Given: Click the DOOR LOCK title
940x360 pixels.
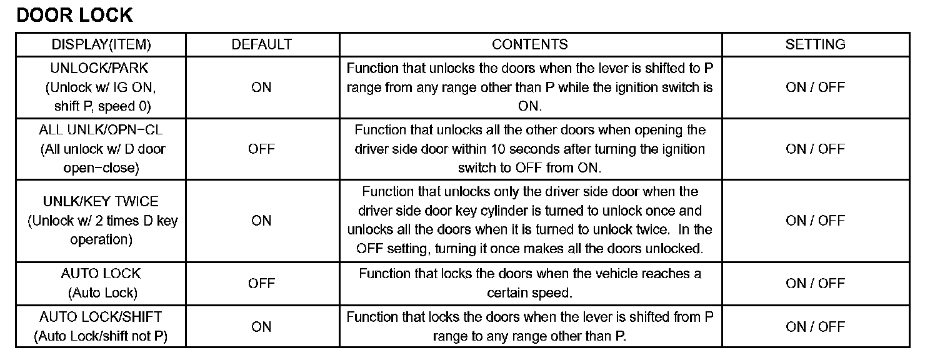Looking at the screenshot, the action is [74, 15].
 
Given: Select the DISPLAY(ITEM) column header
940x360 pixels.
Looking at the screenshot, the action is [101, 44].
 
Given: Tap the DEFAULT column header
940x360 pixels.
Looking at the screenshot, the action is [261, 44].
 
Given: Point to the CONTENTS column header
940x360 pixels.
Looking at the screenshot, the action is [530, 44].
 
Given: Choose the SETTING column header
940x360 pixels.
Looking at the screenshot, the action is [815, 44].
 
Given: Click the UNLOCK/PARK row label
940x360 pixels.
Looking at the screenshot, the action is [100, 68].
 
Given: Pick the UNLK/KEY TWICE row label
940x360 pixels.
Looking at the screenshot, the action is [101, 201].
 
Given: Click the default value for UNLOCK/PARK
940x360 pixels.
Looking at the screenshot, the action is [261, 87].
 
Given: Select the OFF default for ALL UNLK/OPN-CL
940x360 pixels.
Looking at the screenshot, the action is [261, 149].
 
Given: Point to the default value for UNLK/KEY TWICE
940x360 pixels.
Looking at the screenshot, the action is [261, 221].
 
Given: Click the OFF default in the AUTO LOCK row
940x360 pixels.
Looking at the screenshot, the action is [261, 283].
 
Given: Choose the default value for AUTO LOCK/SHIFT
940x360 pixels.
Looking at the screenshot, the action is [261, 327].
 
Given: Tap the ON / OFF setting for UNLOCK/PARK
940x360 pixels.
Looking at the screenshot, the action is [815, 87].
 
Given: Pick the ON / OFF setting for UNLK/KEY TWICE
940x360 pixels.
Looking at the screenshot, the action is [815, 221].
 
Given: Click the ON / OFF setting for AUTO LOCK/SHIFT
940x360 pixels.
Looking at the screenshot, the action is [815, 327].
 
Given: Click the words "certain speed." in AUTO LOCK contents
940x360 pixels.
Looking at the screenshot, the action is [530, 292].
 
